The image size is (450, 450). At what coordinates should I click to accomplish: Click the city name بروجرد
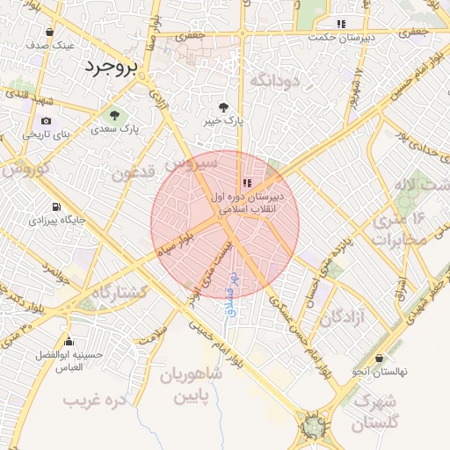tap(112, 67)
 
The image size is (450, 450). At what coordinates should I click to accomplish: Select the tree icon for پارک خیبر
tap(232, 106)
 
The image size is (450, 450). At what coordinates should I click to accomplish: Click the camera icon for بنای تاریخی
tap(46, 121)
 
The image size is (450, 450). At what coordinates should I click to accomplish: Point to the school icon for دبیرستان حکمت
tap(341, 24)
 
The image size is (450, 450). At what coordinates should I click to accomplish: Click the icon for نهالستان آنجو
tap(379, 359)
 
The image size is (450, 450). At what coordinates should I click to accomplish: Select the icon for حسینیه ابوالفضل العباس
tap(69, 341)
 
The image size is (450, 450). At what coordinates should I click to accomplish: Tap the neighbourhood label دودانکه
tap(275, 81)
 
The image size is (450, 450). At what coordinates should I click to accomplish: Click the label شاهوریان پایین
tap(191, 384)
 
